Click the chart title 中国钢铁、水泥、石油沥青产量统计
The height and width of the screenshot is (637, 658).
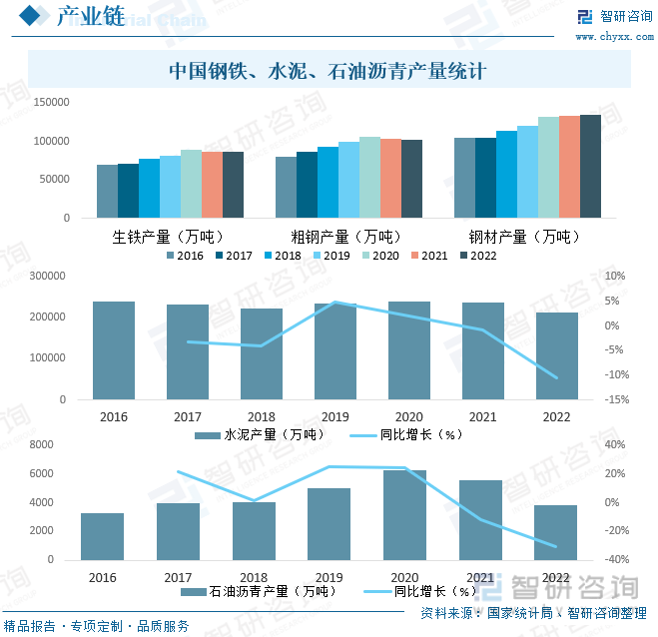329,72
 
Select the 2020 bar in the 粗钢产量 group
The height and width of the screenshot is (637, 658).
369,177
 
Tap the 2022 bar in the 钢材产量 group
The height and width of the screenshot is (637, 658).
590,166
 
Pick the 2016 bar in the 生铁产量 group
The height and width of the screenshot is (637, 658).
107,192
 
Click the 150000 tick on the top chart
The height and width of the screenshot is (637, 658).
51,103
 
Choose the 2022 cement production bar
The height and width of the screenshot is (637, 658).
556,355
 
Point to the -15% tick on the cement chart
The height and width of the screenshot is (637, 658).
616,400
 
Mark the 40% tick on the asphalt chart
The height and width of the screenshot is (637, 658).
616,445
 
